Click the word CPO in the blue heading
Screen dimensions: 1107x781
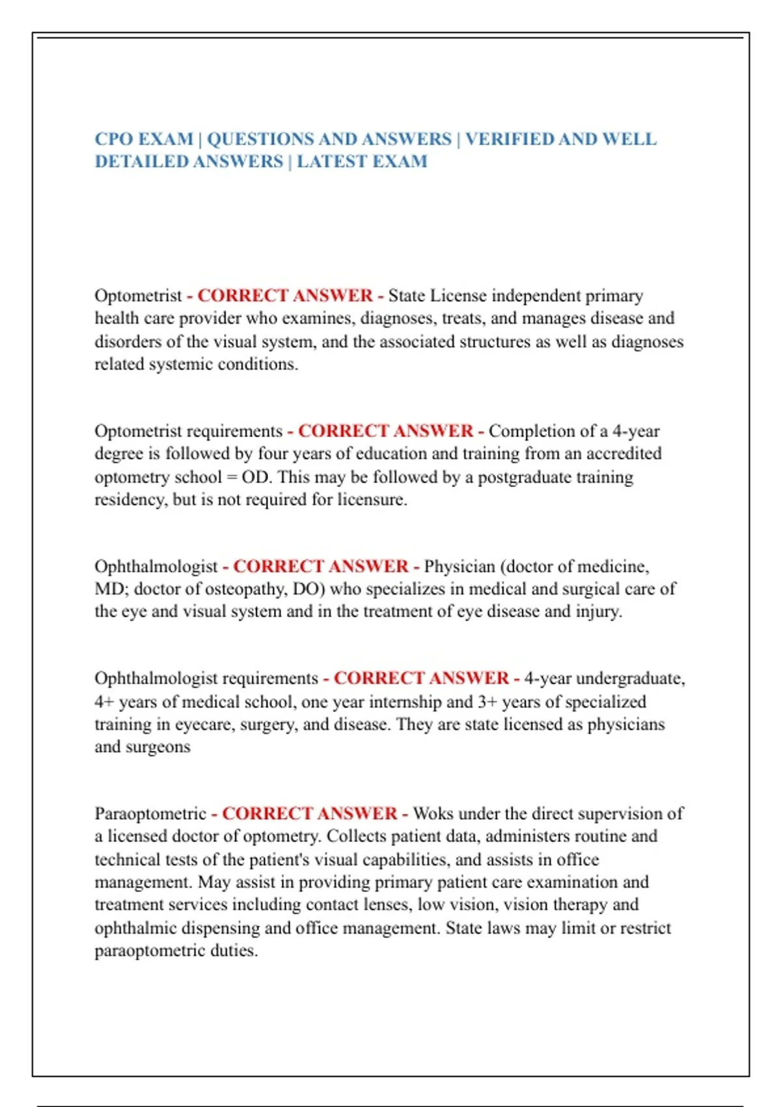point(113,139)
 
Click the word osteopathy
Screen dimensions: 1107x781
point(245,589)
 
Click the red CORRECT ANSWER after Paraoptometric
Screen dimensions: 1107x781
point(310,814)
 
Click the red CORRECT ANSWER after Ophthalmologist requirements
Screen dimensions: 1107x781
point(422,679)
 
